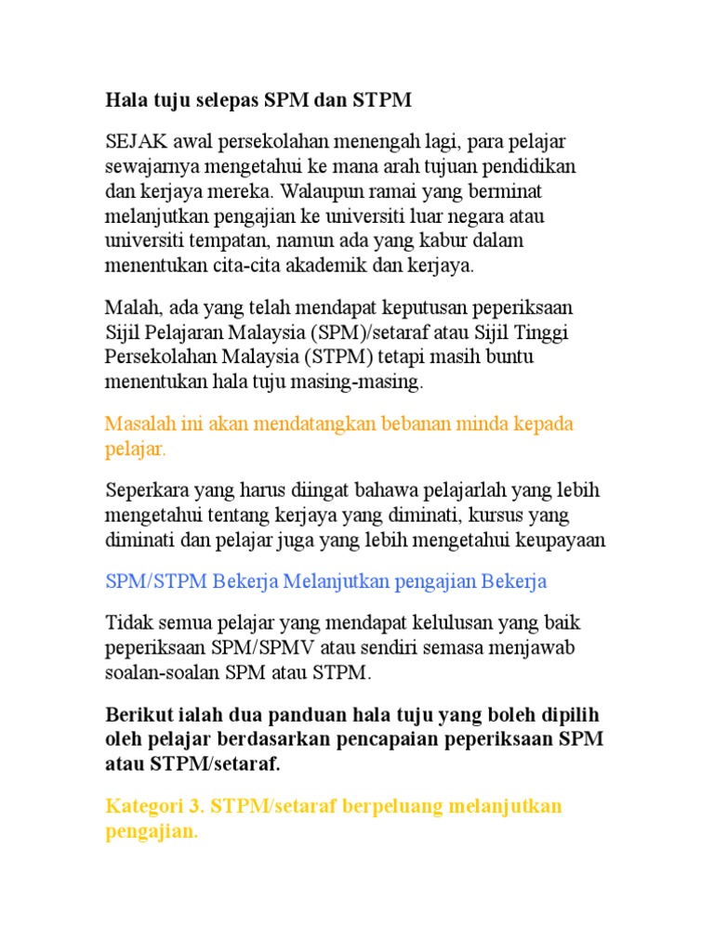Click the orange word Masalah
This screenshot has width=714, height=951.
point(137,424)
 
